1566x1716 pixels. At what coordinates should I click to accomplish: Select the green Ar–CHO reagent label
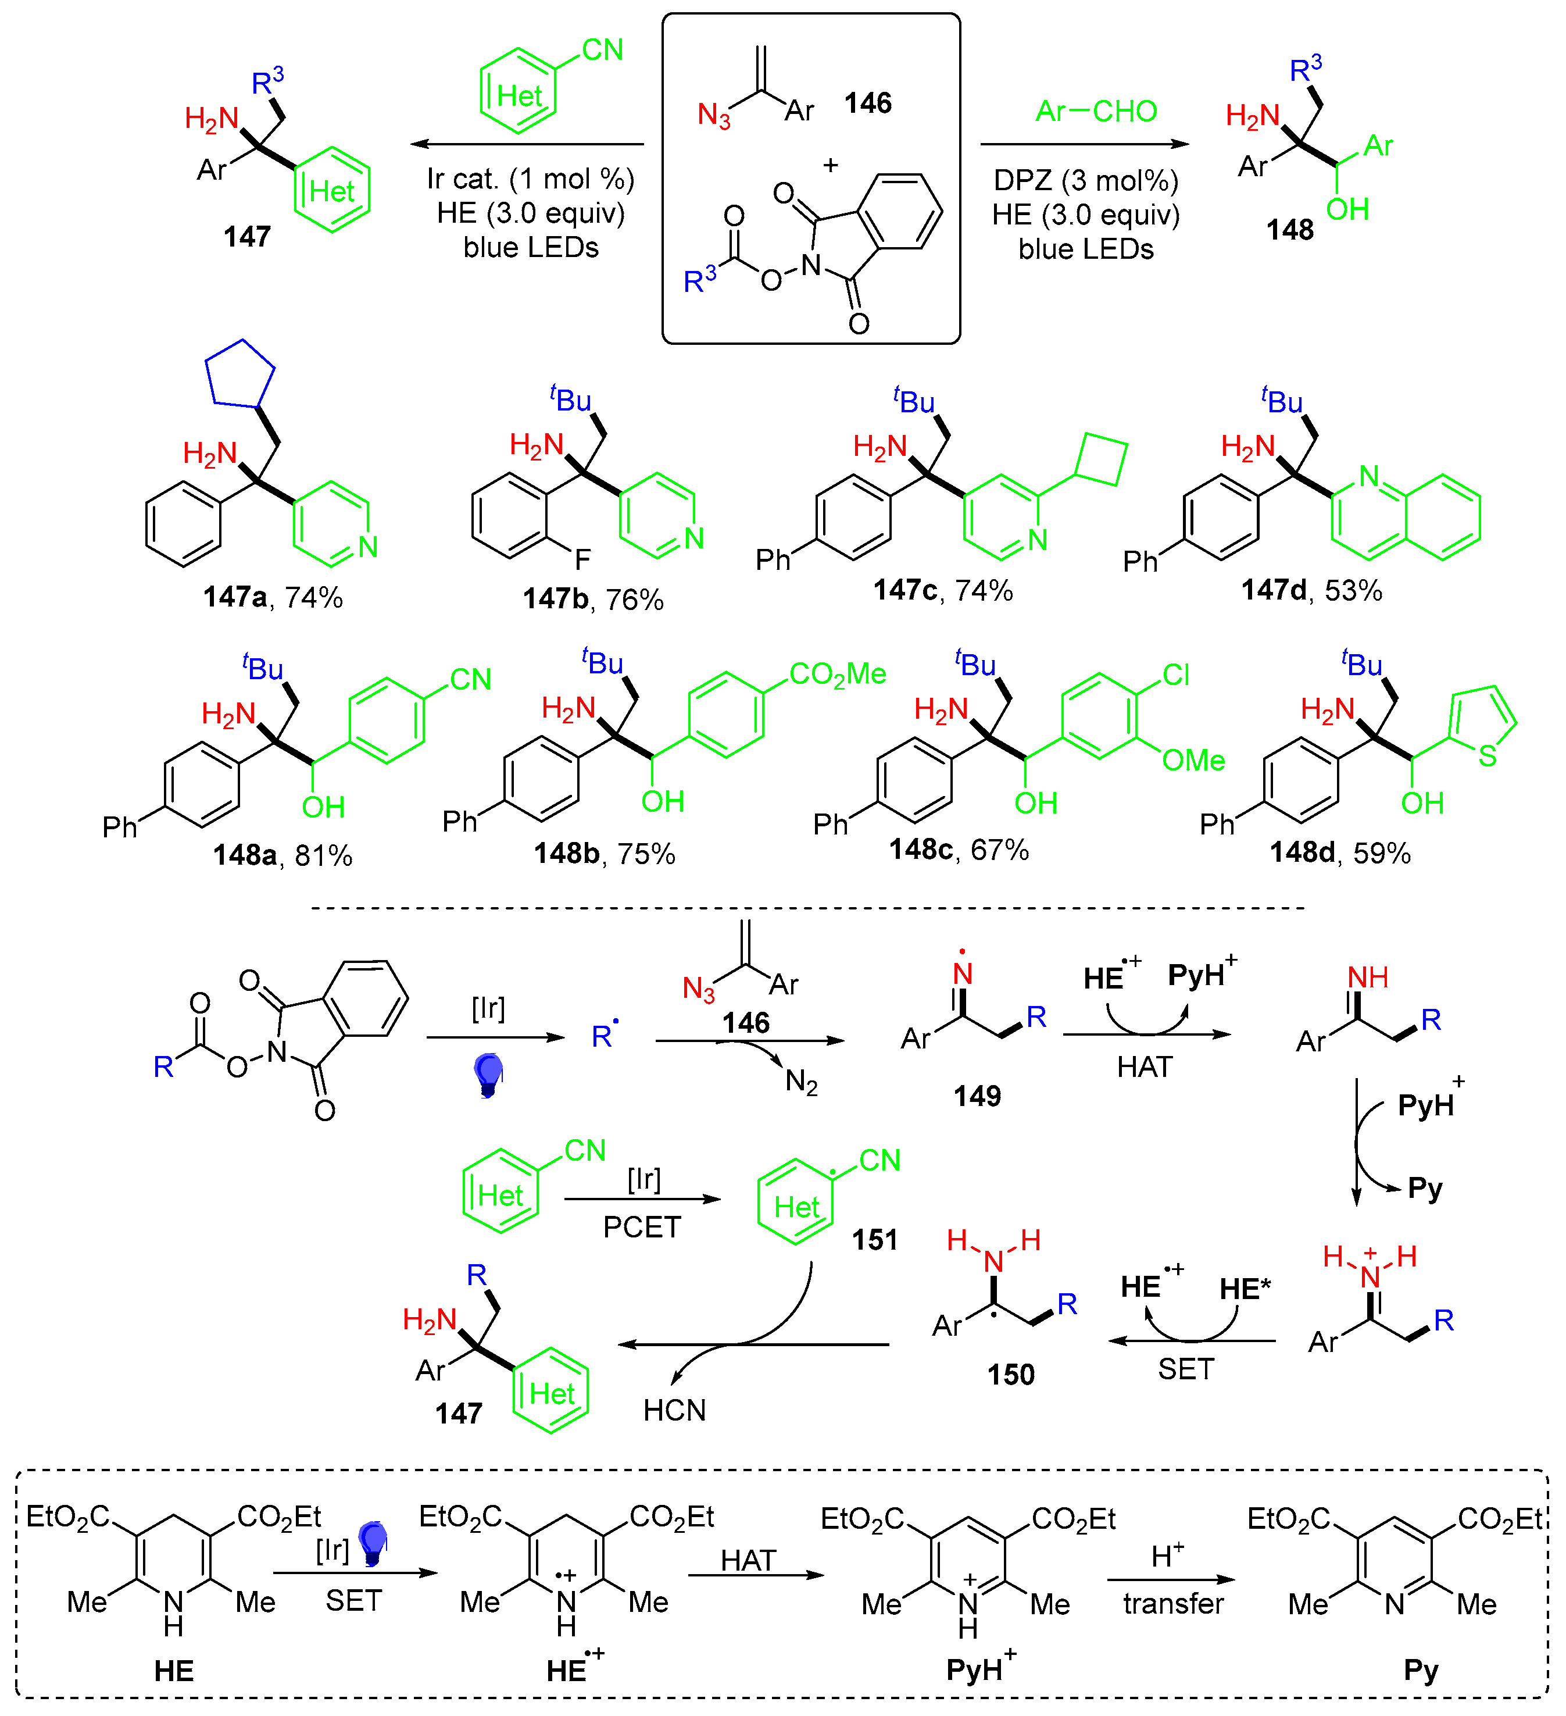(1095, 110)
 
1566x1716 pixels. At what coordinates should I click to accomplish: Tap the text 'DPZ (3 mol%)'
(1085, 180)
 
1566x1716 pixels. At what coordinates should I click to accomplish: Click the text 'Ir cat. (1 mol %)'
(530, 179)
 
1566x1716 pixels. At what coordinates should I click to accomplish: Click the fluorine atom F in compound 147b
(582, 559)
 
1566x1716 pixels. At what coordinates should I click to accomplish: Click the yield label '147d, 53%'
(1311, 590)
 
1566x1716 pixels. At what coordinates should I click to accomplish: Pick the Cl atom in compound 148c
(1175, 675)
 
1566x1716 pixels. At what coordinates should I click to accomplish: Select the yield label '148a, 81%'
(282, 855)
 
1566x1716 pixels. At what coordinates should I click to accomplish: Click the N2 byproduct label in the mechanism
(801, 1083)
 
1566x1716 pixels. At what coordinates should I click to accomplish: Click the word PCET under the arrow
(642, 1228)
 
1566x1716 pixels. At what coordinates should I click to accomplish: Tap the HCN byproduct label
(674, 1410)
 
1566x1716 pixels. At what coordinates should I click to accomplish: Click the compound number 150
(1010, 1375)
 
